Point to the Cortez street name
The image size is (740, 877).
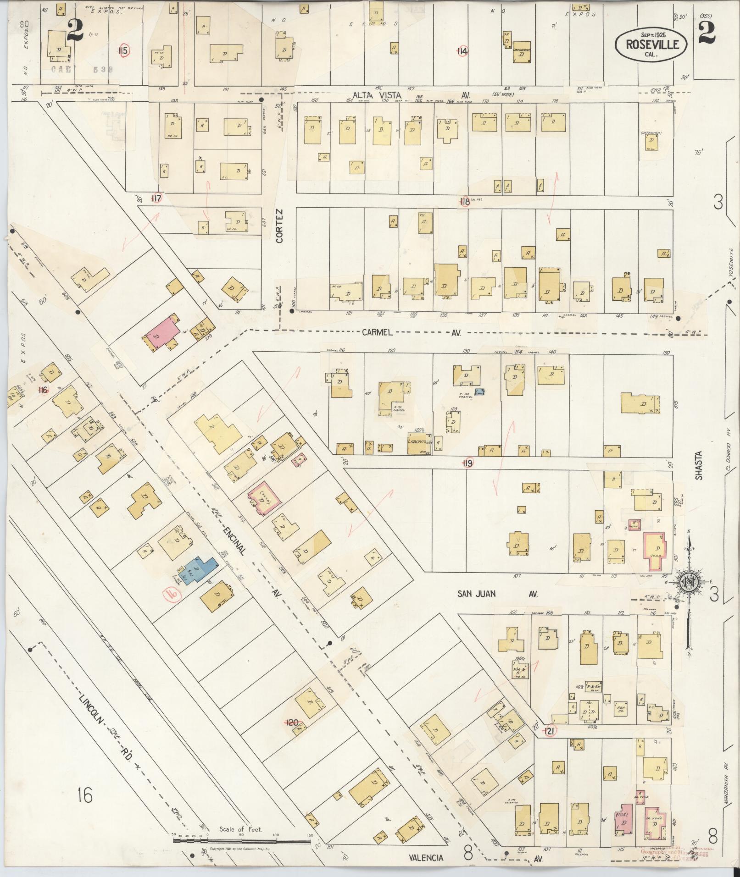(280, 226)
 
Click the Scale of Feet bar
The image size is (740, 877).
(242, 840)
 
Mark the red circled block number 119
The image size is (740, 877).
(467, 463)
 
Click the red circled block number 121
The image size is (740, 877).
(549, 731)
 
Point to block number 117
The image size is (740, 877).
(157, 198)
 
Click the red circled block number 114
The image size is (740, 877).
(462, 51)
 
